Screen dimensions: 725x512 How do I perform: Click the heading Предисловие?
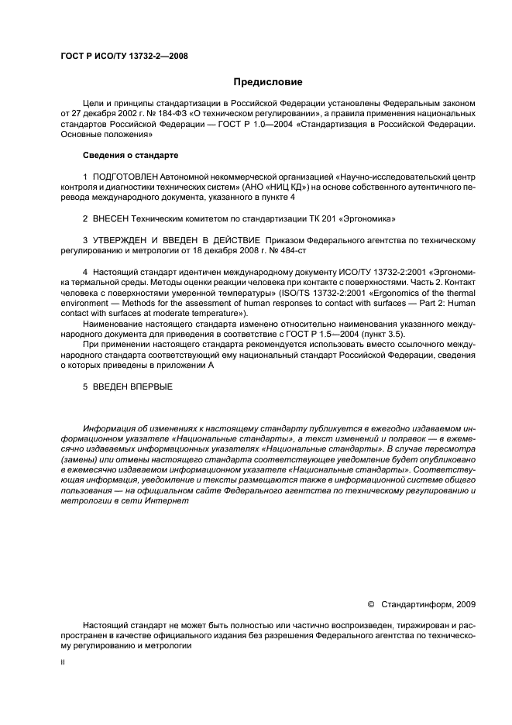click(x=268, y=82)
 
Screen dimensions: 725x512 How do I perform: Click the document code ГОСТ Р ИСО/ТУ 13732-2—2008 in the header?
click(x=125, y=56)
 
